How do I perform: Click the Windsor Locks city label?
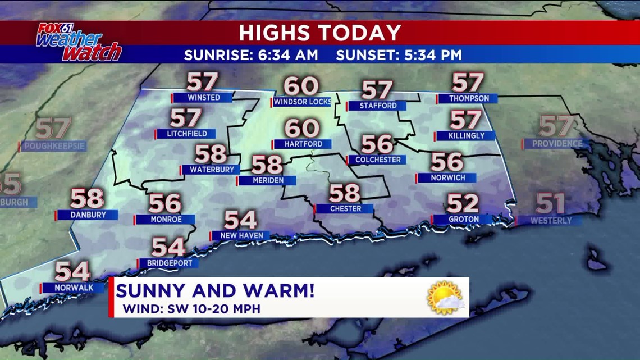point(302,102)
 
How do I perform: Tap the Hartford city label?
point(303,144)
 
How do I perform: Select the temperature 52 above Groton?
point(463,203)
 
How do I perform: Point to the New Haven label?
point(241,236)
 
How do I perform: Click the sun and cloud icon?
point(445,297)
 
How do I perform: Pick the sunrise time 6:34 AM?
point(251,55)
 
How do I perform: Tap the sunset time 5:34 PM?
point(399,55)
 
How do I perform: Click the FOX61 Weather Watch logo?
point(79,42)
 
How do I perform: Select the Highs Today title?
point(320,33)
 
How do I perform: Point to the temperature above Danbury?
point(87,199)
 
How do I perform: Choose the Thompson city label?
point(466,99)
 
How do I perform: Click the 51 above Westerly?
point(550,203)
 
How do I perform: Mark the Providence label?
point(556,144)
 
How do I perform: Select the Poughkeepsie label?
point(53,147)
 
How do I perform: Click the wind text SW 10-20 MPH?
point(191,308)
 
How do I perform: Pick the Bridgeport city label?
point(168,263)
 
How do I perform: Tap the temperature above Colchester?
point(376,144)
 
